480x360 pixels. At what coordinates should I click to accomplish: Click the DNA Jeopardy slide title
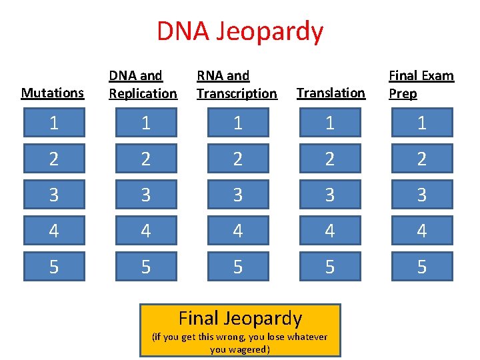tap(240, 31)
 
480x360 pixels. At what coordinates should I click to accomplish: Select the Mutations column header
tap(53, 93)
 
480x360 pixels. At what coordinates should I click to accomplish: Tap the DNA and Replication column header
tap(143, 85)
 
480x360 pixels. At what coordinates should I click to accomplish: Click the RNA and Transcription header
tap(236, 85)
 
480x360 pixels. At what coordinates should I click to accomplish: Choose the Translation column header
tap(331, 93)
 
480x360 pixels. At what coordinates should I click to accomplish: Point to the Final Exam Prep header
tap(421, 85)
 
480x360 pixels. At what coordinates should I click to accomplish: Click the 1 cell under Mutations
tap(54, 123)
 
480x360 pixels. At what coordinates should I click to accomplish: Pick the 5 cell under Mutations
tap(54, 267)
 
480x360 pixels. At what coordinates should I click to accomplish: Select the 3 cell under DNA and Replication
tap(145, 195)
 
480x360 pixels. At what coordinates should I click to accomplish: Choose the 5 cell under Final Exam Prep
tap(422, 267)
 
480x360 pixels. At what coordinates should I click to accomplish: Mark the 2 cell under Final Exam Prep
tap(422, 159)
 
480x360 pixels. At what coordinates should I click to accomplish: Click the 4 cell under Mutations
tap(54, 231)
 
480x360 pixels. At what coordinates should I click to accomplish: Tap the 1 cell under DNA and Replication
tap(145, 123)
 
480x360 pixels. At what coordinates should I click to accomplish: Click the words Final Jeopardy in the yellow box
tap(240, 319)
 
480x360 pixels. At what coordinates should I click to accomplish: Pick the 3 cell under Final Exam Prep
tap(422, 195)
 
